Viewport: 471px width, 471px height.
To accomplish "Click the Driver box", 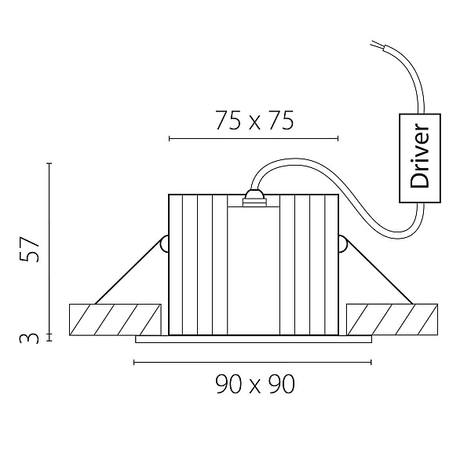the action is pyautogui.click(x=420, y=158).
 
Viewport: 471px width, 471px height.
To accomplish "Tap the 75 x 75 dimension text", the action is pyautogui.click(x=254, y=121).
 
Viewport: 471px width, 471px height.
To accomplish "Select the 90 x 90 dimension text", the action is pyautogui.click(x=255, y=384).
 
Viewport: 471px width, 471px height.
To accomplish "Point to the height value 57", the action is pyautogui.click(x=29, y=249).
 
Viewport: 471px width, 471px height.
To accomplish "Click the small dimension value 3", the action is pyautogui.click(x=29, y=338).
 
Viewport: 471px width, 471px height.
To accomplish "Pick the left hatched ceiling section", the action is pyautogui.click(x=115, y=319).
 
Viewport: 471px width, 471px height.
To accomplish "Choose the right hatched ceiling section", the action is pyautogui.click(x=392, y=319).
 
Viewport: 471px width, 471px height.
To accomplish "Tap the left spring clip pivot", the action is pyautogui.click(x=164, y=243).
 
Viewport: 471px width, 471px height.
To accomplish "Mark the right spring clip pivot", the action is pyautogui.click(x=343, y=243).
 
